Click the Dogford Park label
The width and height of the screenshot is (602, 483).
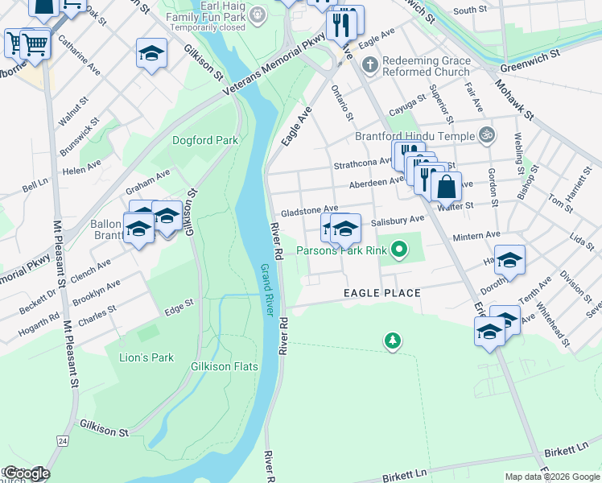pos(205,140)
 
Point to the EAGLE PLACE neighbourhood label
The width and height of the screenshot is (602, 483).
pos(382,293)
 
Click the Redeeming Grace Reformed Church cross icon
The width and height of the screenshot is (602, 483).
pos(369,64)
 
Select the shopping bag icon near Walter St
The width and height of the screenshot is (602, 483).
pos(446,188)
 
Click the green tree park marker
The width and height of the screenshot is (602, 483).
pos(392,341)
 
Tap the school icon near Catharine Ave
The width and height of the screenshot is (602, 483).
pos(150,54)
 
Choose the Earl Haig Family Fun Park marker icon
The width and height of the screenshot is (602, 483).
pos(257,13)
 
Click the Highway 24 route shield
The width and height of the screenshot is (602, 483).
pos(62,440)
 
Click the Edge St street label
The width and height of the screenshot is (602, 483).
pos(179,304)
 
